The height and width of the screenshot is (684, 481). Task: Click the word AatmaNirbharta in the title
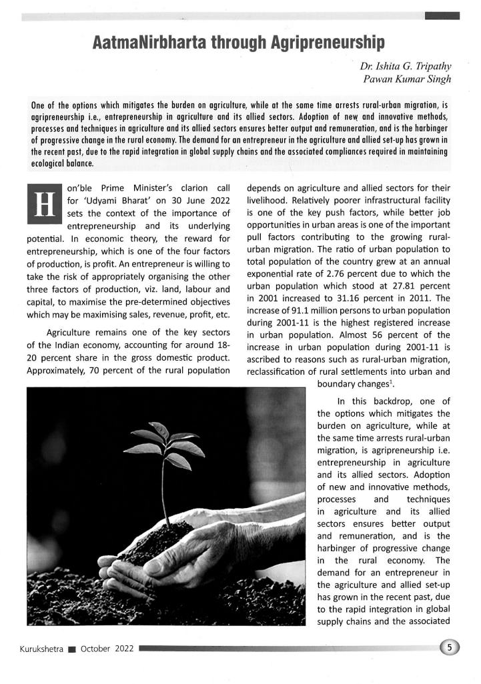(x=148, y=45)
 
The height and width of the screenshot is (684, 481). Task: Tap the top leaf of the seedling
(x=159, y=430)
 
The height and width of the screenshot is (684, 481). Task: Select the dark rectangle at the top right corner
(x=442, y=14)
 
